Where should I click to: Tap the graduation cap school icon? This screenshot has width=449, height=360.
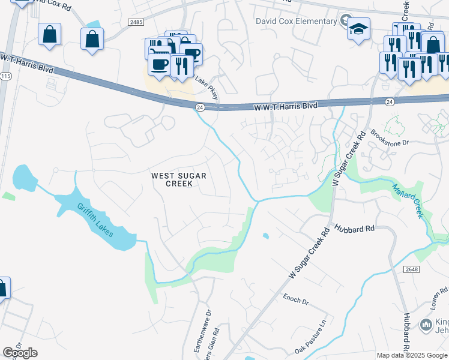coord(358,29)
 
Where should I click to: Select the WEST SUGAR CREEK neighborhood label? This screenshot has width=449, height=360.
coord(179,179)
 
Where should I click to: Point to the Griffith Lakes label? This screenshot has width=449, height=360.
coord(95,220)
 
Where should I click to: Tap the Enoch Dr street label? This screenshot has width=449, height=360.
coord(295,298)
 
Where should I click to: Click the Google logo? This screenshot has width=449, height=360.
coord(20,353)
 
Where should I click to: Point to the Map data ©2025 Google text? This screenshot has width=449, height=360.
coord(412,355)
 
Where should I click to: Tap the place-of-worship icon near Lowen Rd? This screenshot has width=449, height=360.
coord(426,324)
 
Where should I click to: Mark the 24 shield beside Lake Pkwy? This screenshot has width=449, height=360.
coord(200,107)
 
